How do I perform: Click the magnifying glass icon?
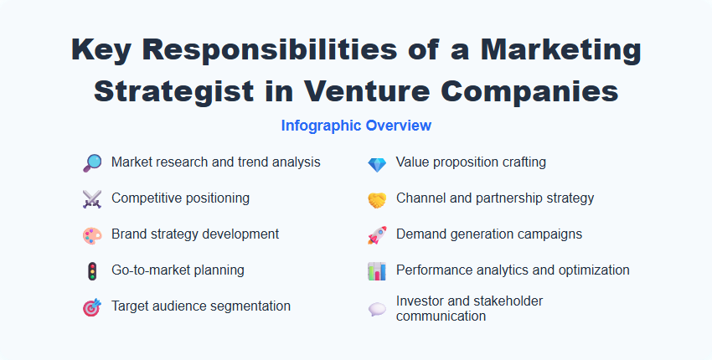point(92,163)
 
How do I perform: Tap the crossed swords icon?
point(92,199)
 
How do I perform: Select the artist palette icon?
point(92,235)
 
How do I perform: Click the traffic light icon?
point(92,271)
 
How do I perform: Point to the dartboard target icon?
point(92,307)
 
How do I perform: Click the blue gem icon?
point(377,163)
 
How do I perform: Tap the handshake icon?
point(377,199)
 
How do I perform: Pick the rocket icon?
point(377,235)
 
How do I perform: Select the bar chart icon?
point(377,271)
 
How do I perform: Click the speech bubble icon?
point(377,309)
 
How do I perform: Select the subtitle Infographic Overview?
point(356,126)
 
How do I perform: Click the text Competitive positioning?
point(180,198)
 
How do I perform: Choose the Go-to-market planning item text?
point(178,270)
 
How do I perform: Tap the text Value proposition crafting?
point(471,162)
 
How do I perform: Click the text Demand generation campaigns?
point(489,234)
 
